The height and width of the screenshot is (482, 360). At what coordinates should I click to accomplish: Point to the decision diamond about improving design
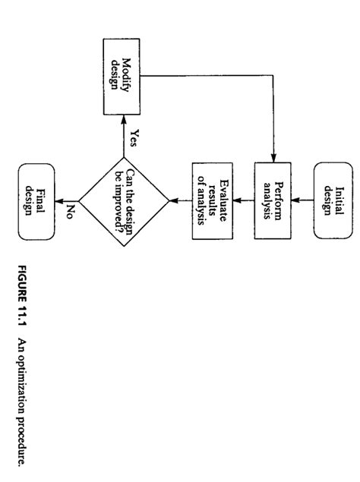[x=124, y=200]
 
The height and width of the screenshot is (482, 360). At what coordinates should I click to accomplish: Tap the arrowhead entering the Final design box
[x=60, y=200]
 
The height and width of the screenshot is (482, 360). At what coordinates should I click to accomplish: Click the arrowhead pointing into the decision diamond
[x=172, y=200]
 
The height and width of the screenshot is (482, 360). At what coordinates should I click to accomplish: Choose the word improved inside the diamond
[x=118, y=206]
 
